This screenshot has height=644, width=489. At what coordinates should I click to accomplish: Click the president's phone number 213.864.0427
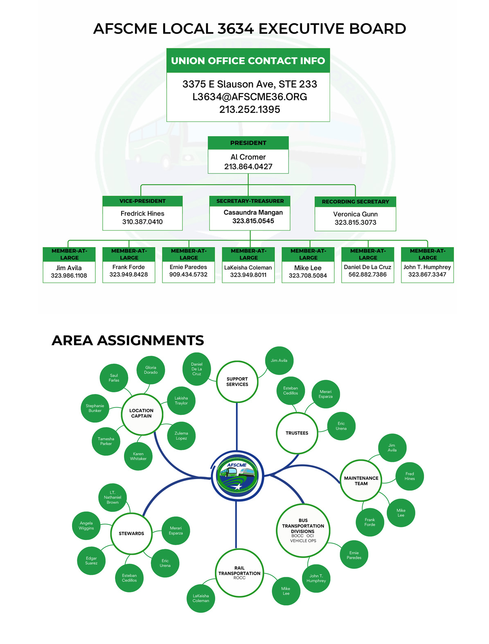[248, 167]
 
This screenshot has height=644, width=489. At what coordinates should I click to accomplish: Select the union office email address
[250, 97]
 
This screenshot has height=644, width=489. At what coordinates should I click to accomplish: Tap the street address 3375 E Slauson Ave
[250, 84]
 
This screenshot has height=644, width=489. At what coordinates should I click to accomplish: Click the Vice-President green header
[142, 201]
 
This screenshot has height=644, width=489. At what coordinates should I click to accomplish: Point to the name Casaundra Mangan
[253, 212]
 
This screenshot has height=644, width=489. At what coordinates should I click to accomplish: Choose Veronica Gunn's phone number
[355, 223]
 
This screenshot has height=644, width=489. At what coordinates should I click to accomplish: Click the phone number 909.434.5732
[188, 275]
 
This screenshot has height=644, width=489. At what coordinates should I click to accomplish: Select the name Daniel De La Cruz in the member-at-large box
[367, 267]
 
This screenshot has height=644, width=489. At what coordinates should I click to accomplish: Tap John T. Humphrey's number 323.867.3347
[427, 275]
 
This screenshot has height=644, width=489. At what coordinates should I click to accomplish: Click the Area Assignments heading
[128, 340]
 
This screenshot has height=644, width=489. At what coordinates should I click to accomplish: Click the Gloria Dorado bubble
[151, 370]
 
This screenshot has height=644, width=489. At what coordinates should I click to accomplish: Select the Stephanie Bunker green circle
[95, 408]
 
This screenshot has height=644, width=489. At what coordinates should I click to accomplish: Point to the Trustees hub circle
[297, 433]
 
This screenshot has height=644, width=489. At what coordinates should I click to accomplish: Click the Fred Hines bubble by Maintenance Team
[410, 476]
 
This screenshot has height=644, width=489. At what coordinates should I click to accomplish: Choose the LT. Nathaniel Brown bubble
[113, 498]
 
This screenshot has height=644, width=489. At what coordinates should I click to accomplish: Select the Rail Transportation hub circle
[239, 573]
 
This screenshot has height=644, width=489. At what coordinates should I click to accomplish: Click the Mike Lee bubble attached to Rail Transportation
[286, 591]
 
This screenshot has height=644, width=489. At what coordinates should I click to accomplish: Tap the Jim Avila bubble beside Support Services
[279, 360]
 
